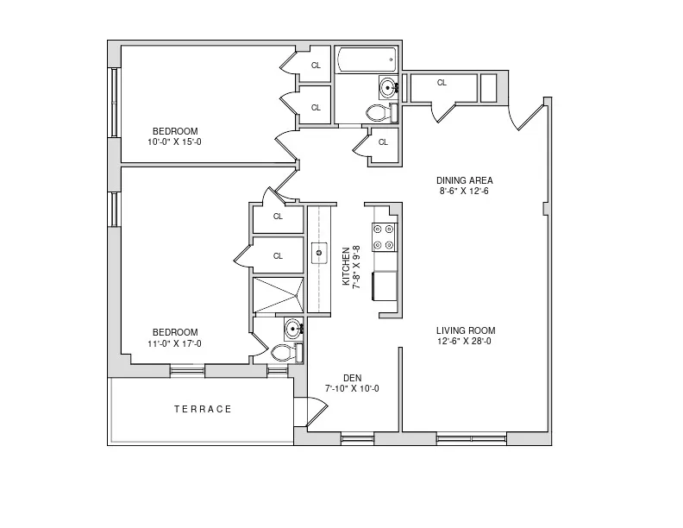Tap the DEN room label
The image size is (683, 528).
click(351, 377)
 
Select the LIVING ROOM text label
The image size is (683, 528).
click(465, 330)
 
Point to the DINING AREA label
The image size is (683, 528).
click(464, 180)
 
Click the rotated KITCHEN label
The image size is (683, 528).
click(347, 266)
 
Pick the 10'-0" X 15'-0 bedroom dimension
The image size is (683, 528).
click(175, 142)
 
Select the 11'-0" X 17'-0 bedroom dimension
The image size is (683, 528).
click(175, 343)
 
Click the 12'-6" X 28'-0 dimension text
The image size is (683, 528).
click(465, 342)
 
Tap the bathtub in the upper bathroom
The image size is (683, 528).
click(366, 60)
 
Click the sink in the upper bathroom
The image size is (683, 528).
click(388, 86)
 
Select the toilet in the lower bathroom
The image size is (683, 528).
click(283, 352)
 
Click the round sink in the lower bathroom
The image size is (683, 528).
click(292, 328)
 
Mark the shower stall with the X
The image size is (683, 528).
click(278, 295)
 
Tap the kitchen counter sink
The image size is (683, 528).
click(319, 253)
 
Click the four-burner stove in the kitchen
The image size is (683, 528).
click(383, 236)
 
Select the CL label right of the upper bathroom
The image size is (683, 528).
click(442, 84)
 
